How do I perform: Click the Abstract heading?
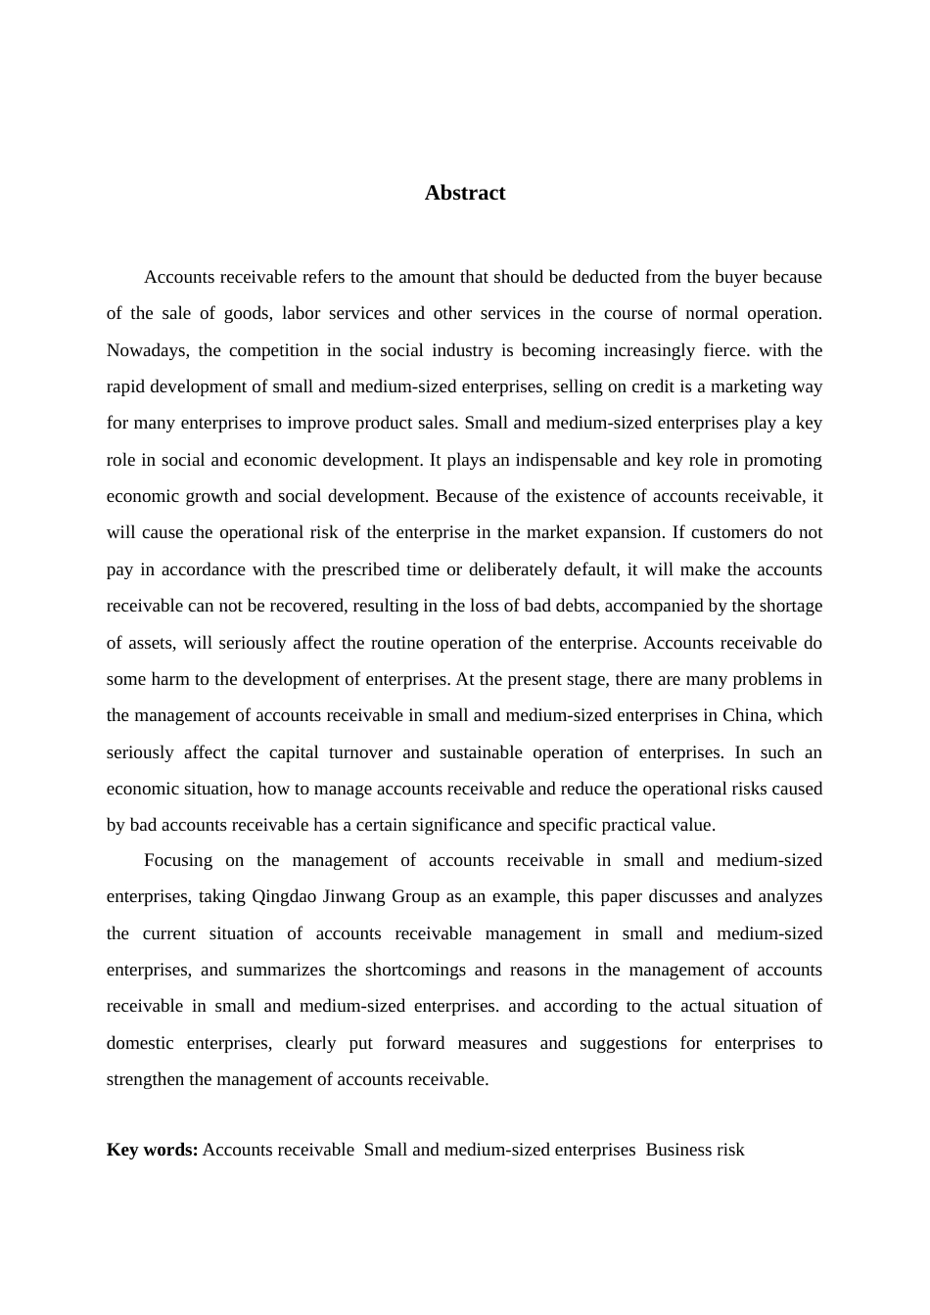tap(465, 193)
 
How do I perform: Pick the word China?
tap(745, 715)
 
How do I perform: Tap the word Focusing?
tap(178, 860)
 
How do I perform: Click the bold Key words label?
tap(152, 1150)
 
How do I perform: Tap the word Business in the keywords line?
tap(677, 1150)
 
